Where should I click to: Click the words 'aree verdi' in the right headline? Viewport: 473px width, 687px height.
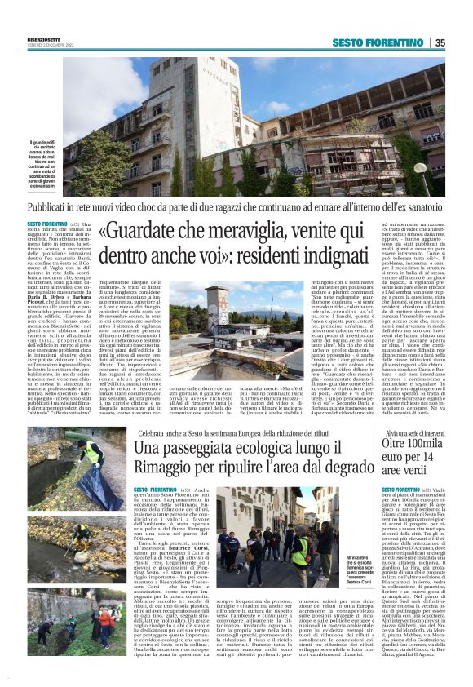coord(409,474)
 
